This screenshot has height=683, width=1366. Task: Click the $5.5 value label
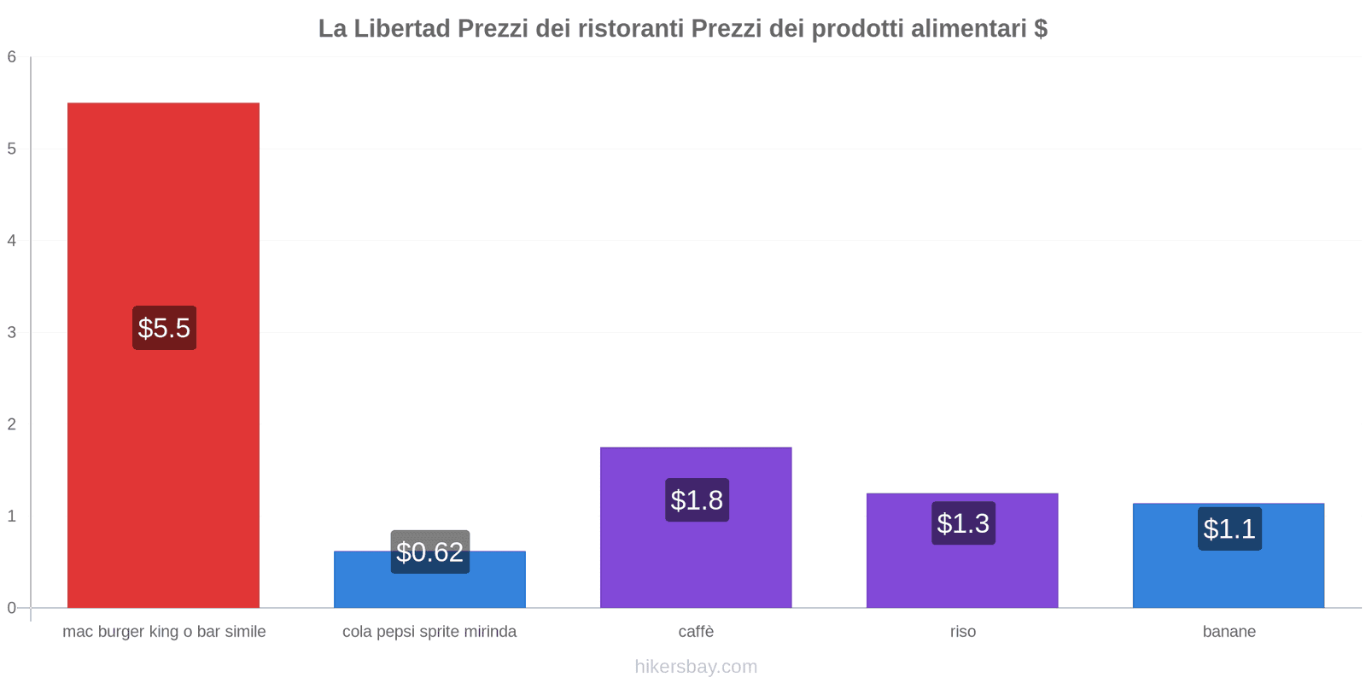[x=164, y=328]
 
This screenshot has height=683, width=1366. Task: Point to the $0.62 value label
[x=429, y=552]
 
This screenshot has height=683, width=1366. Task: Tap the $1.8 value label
[x=697, y=499]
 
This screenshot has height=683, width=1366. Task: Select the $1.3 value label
[x=963, y=522]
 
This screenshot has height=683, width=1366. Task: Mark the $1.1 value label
[x=1229, y=528]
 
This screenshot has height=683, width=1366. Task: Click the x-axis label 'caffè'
[x=696, y=632]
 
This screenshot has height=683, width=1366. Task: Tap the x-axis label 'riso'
[x=962, y=632]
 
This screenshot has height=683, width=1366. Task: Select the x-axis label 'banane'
[x=1229, y=632]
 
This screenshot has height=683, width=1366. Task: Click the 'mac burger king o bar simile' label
[x=164, y=632]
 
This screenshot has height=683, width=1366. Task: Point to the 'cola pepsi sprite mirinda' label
[x=429, y=632]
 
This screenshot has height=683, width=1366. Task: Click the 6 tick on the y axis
[x=12, y=57]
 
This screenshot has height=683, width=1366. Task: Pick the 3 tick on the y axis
[x=12, y=332]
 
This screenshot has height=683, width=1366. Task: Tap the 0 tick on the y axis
[x=12, y=608]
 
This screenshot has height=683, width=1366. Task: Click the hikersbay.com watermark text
[x=696, y=667]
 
